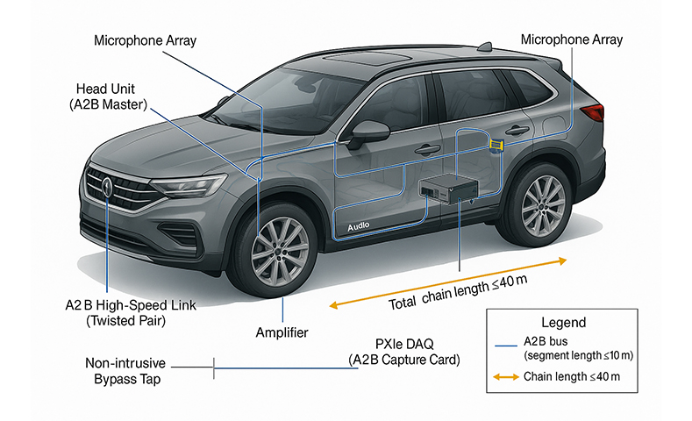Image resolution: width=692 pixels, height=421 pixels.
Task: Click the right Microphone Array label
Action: pos(571,39)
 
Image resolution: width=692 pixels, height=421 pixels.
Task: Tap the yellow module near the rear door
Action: pos(496,144)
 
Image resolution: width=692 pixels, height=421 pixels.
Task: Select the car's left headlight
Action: pos(188,187)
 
